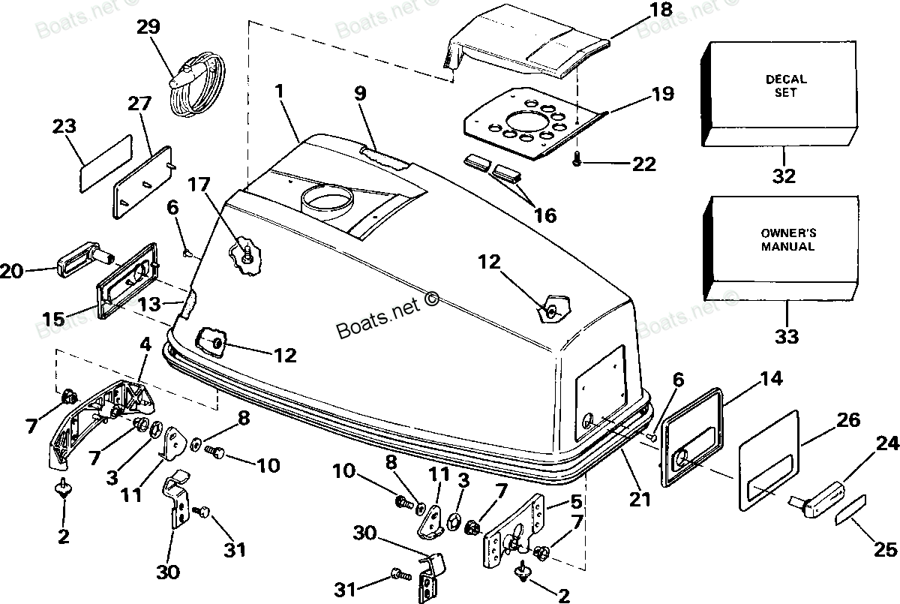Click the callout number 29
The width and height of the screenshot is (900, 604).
pyautogui.click(x=148, y=28)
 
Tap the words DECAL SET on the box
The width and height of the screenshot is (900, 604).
pyautogui.click(x=786, y=86)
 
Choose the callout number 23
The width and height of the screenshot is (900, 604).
pyautogui.click(x=66, y=127)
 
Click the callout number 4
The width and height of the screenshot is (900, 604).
pyautogui.click(x=145, y=345)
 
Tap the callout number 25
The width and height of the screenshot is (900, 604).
pyautogui.click(x=885, y=550)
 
